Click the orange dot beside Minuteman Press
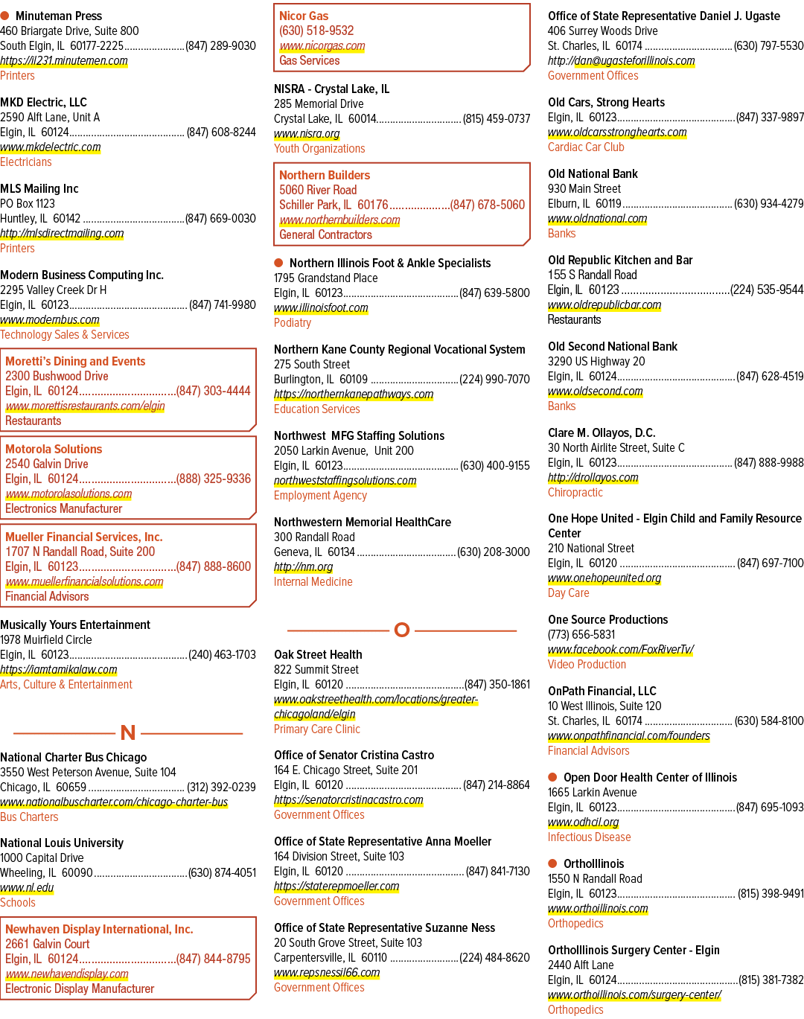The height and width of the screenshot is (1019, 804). (4, 16)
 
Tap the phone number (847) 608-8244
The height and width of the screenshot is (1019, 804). (221, 132)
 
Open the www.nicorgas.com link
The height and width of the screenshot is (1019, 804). (322, 46)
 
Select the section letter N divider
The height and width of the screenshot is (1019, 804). (128, 732)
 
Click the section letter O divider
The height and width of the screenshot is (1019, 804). (402, 630)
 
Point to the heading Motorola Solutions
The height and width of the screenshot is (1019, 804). (54, 449)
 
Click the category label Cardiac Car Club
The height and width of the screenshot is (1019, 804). (586, 147)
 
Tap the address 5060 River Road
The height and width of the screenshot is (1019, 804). (318, 190)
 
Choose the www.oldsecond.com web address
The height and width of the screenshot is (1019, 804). (595, 391)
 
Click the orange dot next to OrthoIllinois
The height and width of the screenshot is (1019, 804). (552, 863)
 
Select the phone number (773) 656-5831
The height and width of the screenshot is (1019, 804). (581, 634)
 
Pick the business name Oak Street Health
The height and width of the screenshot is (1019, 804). (318, 654)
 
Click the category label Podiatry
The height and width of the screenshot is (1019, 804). (293, 323)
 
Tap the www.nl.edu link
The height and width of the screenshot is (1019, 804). (27, 887)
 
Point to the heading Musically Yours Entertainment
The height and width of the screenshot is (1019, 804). (75, 625)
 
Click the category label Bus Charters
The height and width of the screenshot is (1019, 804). (29, 817)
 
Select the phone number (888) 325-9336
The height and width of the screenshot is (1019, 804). (213, 479)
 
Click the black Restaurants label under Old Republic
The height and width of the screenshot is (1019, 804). (574, 319)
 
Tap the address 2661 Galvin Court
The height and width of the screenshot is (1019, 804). (48, 944)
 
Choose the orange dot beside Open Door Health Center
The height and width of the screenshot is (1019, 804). (552, 776)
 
